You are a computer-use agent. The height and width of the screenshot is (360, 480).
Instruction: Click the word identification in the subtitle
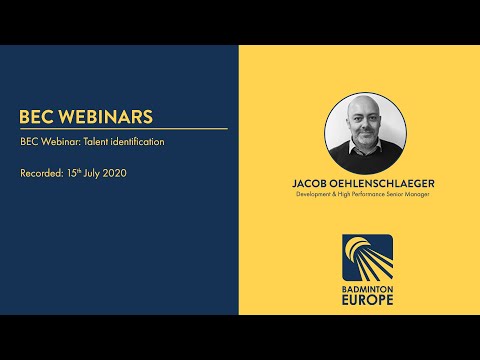tap(140, 142)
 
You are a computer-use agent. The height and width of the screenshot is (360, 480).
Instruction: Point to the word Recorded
tap(40, 173)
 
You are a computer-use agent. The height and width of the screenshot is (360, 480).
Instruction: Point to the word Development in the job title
tap(317, 195)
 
